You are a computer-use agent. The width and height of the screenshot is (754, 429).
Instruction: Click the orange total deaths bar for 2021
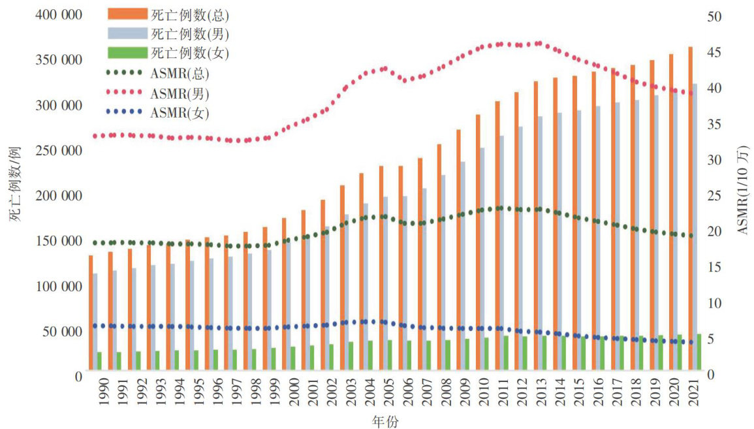(690, 209)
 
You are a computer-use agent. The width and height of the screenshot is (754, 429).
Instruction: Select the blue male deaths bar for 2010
(482, 261)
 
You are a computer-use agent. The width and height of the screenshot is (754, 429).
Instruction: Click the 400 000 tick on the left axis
(59, 15)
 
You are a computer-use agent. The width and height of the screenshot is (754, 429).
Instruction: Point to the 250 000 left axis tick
(59, 150)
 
